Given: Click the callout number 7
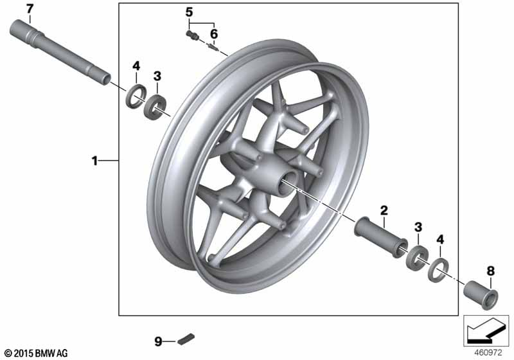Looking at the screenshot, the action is point(30,9).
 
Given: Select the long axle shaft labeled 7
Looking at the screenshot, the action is point(60,53).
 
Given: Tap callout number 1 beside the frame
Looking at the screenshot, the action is point(94,161).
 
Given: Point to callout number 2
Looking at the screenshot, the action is point(384,210).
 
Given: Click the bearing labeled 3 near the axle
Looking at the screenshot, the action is point(155,107).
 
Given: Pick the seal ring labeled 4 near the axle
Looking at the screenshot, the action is point(136,96).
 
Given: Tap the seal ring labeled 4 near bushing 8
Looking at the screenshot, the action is point(438,270).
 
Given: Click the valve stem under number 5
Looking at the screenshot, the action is point(191,35).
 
